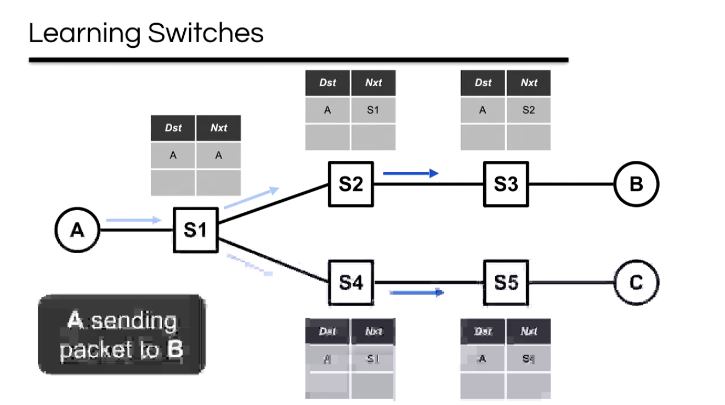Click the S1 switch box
point(195,230)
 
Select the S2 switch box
point(350,184)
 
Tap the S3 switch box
point(506,184)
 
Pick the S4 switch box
point(350,283)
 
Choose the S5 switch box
point(506,283)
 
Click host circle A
point(77,230)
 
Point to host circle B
point(636,184)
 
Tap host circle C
point(636,283)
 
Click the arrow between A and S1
point(133,220)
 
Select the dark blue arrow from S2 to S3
point(411,173)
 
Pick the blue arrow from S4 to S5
point(416,292)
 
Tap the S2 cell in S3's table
point(528,110)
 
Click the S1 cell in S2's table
point(373,110)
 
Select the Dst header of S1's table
point(173,128)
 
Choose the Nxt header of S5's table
point(528,331)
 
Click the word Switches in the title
point(206,33)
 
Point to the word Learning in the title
point(85,34)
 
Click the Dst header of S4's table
point(327,331)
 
